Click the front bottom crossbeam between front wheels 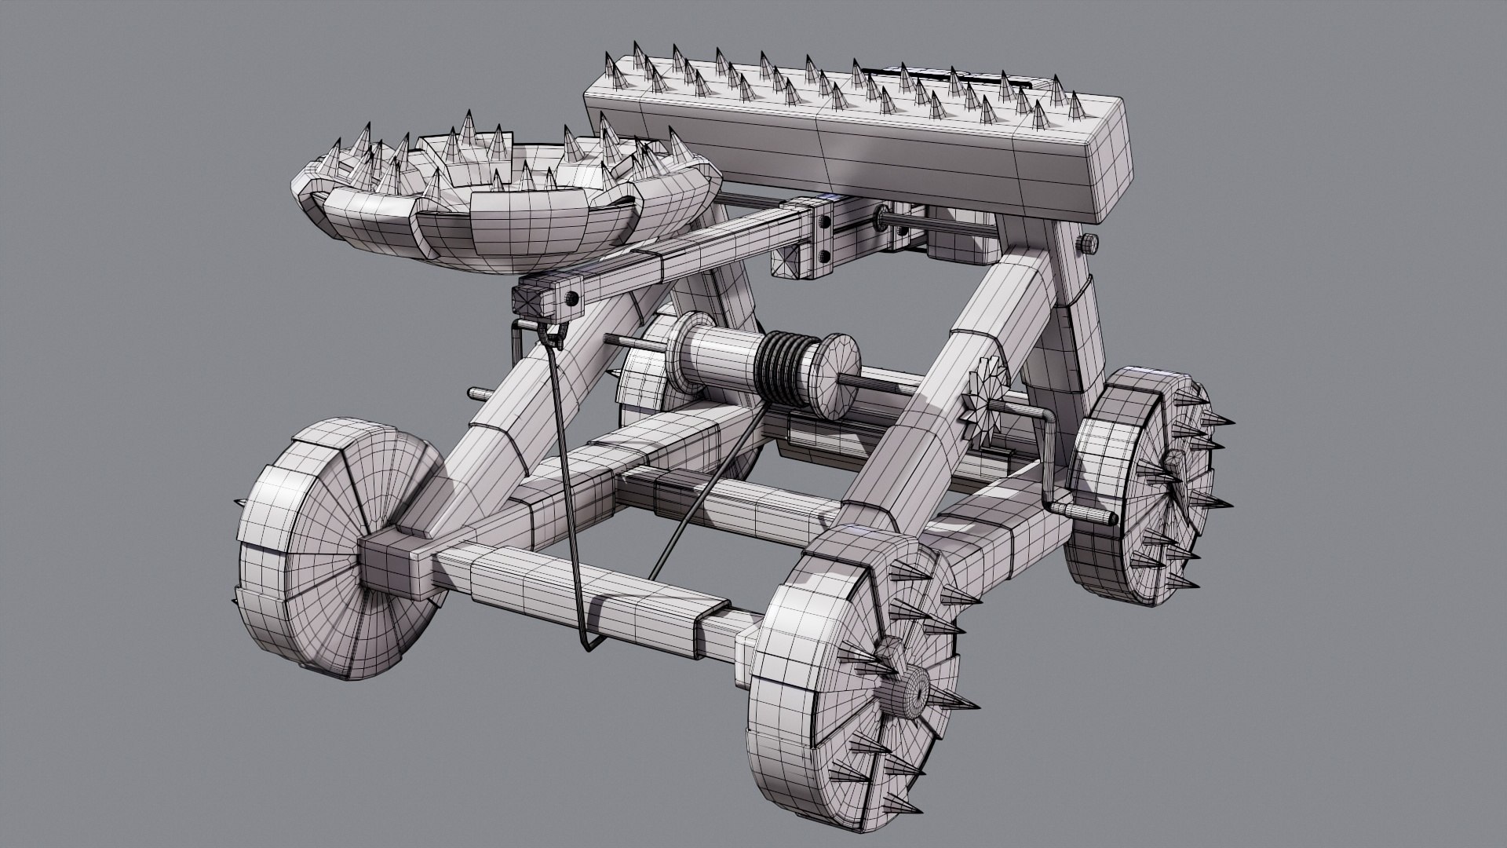(x=597, y=597)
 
